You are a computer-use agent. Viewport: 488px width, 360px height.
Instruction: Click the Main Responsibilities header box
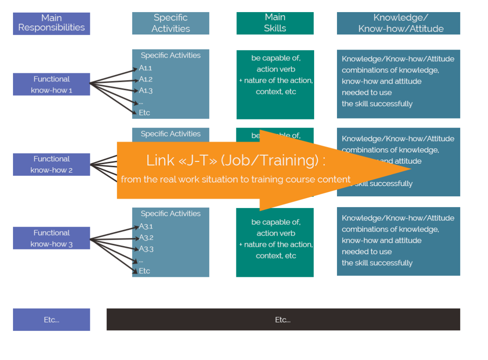51,23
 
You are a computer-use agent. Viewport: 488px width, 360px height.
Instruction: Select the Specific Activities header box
170,23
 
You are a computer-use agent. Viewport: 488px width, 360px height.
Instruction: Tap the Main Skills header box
275,23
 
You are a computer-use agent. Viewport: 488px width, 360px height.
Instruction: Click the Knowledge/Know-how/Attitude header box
398,23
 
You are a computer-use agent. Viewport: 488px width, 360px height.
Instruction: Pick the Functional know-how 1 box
51,84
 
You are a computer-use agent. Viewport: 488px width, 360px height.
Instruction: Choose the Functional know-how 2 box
51,164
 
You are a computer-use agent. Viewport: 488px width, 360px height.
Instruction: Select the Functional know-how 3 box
51,238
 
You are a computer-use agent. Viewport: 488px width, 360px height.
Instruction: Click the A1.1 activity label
145,68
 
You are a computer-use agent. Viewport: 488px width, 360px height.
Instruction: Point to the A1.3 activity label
146,90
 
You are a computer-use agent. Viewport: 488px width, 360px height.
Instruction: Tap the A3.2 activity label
146,237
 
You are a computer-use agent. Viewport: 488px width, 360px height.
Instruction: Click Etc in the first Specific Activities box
144,113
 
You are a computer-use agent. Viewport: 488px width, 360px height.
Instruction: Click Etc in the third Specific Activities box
144,271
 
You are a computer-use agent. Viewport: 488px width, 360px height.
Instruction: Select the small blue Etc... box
51,320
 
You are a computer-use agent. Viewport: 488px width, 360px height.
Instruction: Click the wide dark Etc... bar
283,320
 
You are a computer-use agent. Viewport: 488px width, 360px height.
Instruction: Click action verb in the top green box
276,69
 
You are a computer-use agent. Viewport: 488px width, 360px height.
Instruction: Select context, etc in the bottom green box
276,256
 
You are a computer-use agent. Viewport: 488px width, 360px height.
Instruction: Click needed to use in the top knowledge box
366,93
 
